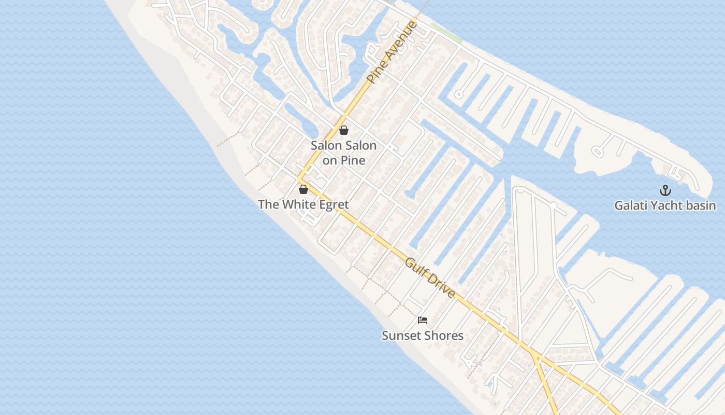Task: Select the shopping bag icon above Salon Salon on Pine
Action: click(344, 130)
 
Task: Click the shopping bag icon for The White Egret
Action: click(303, 189)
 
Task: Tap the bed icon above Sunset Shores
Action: click(423, 320)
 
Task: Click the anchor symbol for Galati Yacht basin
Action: click(665, 190)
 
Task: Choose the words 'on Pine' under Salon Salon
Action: click(344, 160)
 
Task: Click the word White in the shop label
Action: click(297, 204)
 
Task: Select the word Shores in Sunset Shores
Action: click(443, 336)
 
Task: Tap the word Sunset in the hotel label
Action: click(400, 336)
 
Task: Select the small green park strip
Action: click(446, 32)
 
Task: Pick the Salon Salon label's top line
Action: click(344, 145)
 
